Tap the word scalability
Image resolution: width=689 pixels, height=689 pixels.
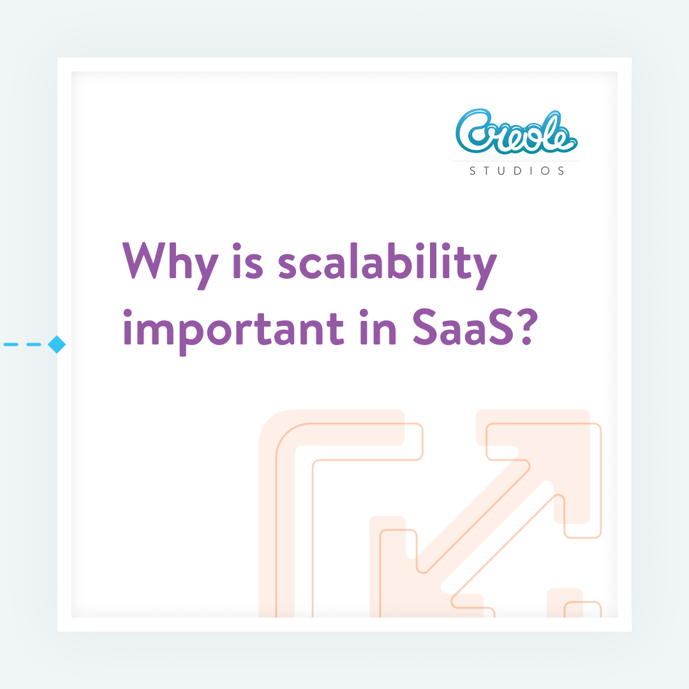coord(387,262)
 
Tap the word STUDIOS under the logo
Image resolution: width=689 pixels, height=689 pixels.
coord(517,171)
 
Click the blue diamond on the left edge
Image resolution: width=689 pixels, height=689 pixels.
coord(57,344)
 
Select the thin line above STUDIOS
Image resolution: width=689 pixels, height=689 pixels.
coord(517,161)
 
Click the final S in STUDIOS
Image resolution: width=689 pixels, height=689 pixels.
coord(561,171)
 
